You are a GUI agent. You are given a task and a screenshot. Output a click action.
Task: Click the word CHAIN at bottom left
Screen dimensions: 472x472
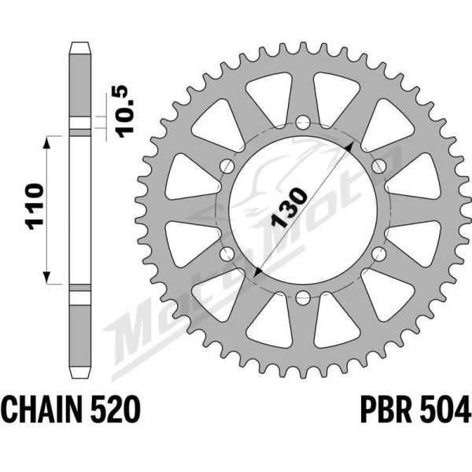43,410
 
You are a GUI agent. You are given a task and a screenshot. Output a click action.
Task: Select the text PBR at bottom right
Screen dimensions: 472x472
386,410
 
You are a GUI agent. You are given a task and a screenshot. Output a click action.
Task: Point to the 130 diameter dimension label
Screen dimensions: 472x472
289,208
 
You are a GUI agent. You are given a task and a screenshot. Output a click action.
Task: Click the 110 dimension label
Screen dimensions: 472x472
35,206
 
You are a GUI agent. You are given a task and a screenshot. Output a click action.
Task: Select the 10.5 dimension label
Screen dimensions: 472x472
124,112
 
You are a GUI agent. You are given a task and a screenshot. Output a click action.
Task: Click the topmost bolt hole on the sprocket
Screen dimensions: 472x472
303,121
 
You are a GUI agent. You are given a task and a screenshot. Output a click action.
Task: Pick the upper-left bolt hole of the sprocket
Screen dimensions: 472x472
227,166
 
